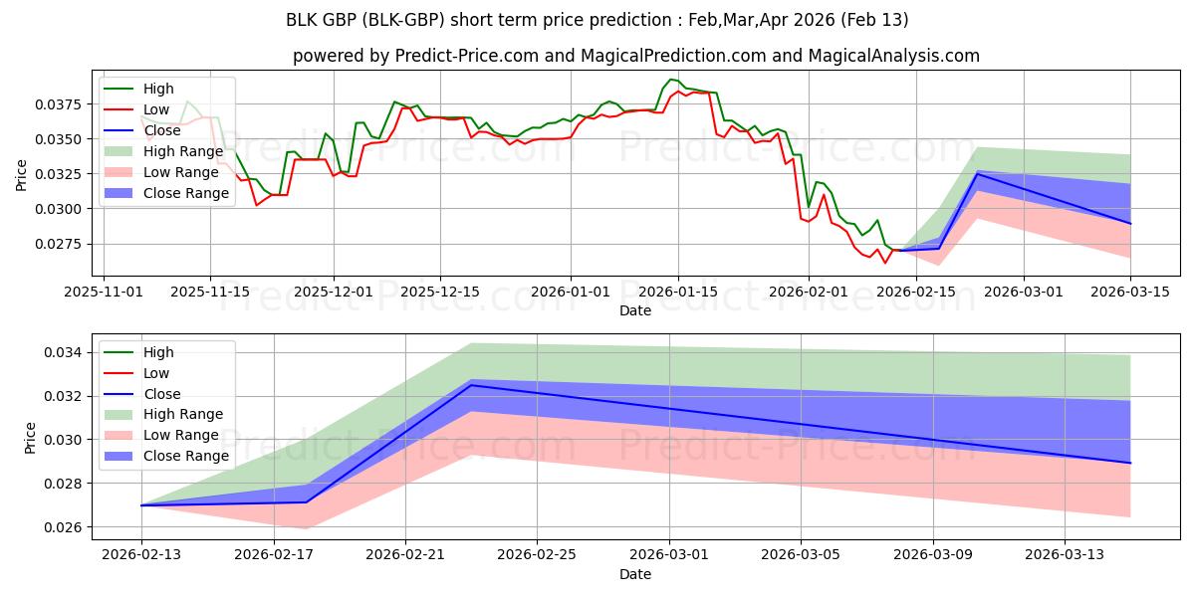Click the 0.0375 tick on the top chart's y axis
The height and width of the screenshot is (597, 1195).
58,104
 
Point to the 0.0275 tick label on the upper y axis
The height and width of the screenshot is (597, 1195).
58,244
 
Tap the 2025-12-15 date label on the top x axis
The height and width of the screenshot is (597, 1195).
440,293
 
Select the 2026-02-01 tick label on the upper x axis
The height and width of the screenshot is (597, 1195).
809,293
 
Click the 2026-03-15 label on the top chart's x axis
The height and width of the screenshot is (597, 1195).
1130,293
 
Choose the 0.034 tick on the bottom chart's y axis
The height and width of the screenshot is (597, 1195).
63,352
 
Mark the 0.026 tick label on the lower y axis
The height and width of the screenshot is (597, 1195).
63,527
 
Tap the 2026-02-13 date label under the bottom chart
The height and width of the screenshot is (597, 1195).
141,555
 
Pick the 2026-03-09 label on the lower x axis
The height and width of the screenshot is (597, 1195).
933,555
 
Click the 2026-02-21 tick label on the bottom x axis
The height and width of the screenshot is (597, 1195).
405,555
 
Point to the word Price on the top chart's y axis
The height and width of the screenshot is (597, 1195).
21,175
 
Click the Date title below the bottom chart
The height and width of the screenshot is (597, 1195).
635,574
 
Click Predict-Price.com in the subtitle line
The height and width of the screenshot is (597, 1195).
467,56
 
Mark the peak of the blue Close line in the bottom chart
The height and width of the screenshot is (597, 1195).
470,385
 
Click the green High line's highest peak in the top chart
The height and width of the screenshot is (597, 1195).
671,80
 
